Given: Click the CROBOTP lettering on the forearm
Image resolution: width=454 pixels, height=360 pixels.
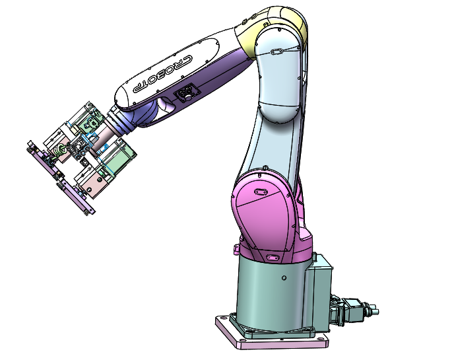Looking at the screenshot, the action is click(162, 74).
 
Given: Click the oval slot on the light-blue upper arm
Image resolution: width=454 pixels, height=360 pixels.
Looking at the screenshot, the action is click(277, 52).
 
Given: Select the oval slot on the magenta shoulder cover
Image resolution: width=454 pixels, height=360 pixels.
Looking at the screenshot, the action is click(259, 192).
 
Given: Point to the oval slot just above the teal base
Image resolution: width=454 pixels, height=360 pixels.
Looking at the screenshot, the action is click(272, 257).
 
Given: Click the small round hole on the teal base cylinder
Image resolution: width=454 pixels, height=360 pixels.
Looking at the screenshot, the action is click(284, 277).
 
